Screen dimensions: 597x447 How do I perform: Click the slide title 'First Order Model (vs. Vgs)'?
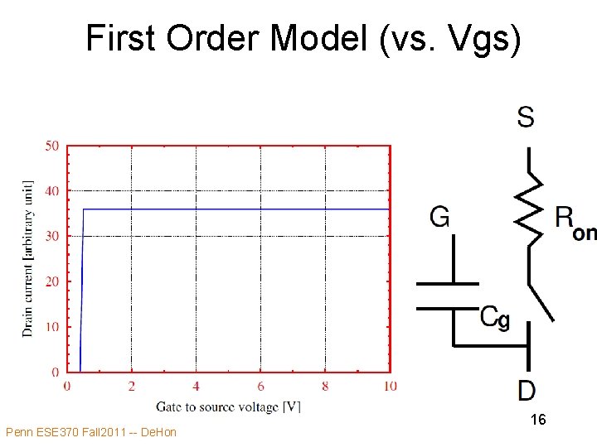[x=303, y=38]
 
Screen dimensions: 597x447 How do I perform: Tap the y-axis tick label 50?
[x=51, y=147]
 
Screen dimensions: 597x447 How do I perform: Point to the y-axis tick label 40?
[x=51, y=191]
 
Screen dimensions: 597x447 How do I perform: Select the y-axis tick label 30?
[x=51, y=237]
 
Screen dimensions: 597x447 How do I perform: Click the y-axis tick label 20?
[x=51, y=281]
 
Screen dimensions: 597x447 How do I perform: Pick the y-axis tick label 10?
[x=51, y=327]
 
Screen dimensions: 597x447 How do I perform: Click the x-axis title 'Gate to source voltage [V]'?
[x=228, y=406]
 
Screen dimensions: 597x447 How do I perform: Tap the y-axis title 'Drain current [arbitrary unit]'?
[x=27, y=258]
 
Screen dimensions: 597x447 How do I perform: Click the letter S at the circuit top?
[x=526, y=117]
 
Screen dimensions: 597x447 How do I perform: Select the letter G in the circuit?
[x=440, y=217]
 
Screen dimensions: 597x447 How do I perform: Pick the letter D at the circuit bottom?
[x=527, y=390]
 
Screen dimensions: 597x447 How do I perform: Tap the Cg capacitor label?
[x=495, y=317]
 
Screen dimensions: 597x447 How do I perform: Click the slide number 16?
[x=538, y=421]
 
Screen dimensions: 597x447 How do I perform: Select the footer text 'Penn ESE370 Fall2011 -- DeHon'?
[x=90, y=432]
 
